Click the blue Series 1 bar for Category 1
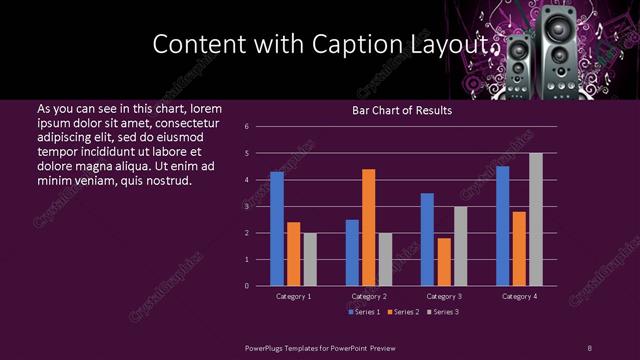277,229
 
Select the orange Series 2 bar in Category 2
368,227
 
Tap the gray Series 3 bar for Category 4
536,219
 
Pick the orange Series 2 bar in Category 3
444,262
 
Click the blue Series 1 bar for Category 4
502,226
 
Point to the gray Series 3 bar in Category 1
310,259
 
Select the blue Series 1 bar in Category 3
427,239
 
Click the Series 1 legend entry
363,312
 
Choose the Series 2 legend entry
402,312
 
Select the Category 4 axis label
519,297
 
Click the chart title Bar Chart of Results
402,110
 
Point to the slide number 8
589,347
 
